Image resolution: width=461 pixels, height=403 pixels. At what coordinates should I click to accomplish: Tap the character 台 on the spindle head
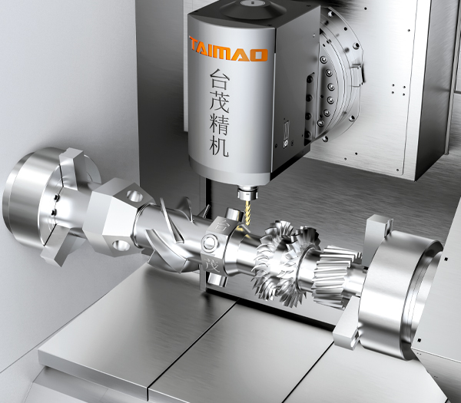click(219, 79)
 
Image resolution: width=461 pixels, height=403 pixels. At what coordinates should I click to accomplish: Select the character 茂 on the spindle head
click(219, 102)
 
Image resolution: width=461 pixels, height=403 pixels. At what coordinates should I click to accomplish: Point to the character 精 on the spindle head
click(219, 124)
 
